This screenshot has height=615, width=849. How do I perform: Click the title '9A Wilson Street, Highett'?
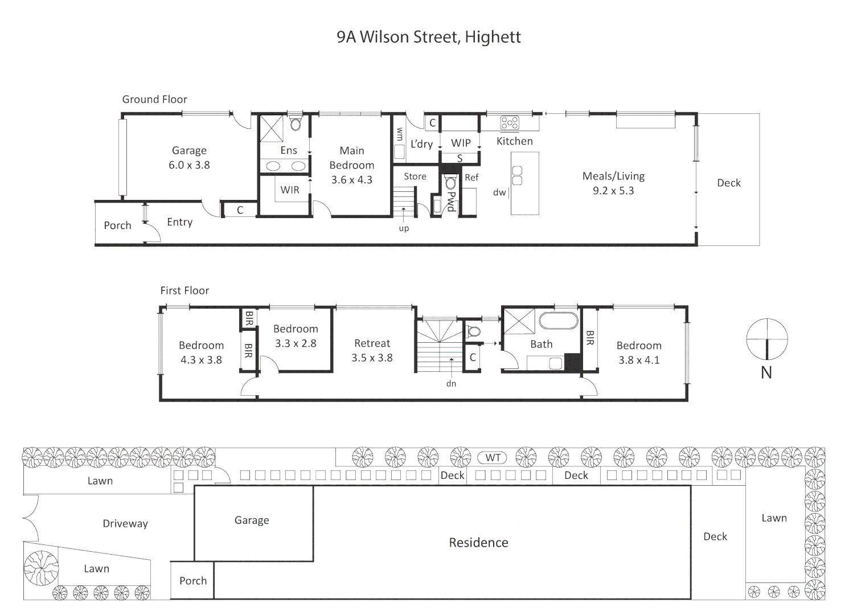click(428, 38)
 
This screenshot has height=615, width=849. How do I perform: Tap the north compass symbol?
click(767, 339)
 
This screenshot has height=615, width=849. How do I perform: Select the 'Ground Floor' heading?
click(154, 100)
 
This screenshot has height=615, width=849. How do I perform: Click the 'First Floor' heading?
click(184, 290)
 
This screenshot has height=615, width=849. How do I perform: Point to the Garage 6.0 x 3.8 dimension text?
click(189, 165)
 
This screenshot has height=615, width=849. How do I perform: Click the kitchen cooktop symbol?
click(510, 123)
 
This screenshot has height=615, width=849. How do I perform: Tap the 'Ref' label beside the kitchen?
click(471, 178)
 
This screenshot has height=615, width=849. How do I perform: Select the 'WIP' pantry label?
click(461, 143)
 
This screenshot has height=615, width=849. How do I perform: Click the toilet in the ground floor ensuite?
click(295, 124)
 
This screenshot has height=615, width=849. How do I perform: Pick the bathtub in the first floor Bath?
click(558, 321)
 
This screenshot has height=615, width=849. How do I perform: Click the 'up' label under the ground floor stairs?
click(404, 228)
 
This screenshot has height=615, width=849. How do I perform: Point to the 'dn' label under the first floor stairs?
click(451, 384)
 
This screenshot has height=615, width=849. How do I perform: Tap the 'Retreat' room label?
click(372, 343)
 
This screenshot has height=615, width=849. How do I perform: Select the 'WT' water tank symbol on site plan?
click(493, 458)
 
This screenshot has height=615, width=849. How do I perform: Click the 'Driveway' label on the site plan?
click(125, 524)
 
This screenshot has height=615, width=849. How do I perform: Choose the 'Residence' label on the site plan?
click(478, 543)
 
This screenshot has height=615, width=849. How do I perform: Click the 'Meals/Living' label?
click(613, 177)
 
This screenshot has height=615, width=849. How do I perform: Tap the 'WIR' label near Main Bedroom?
click(290, 190)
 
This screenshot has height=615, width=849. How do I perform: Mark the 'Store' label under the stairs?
click(415, 177)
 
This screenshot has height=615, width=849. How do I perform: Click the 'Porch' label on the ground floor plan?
click(117, 225)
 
